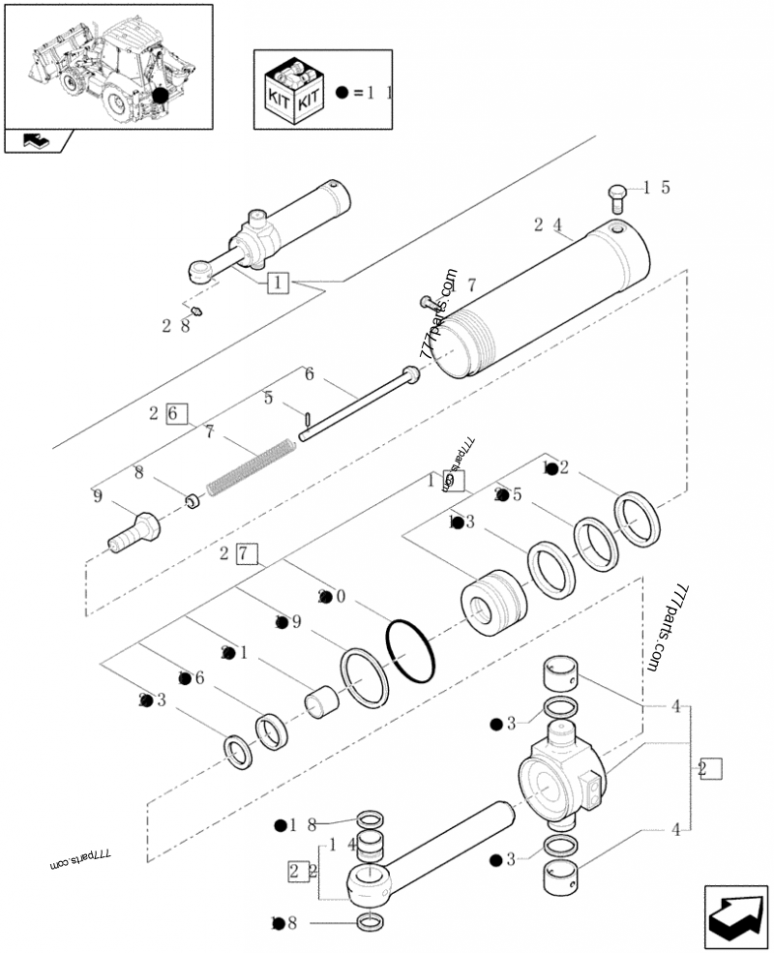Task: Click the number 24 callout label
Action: pos(547,225)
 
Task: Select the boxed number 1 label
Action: pos(277,283)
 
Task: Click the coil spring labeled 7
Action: pos(250,463)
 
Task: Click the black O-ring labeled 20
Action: pos(410,651)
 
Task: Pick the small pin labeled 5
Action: pos(307,419)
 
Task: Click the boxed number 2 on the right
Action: pos(709,769)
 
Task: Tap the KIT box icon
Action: pos(292,91)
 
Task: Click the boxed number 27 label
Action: pos(246,554)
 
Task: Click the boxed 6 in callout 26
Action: pos(175,413)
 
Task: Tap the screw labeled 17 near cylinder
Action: pos(428,304)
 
